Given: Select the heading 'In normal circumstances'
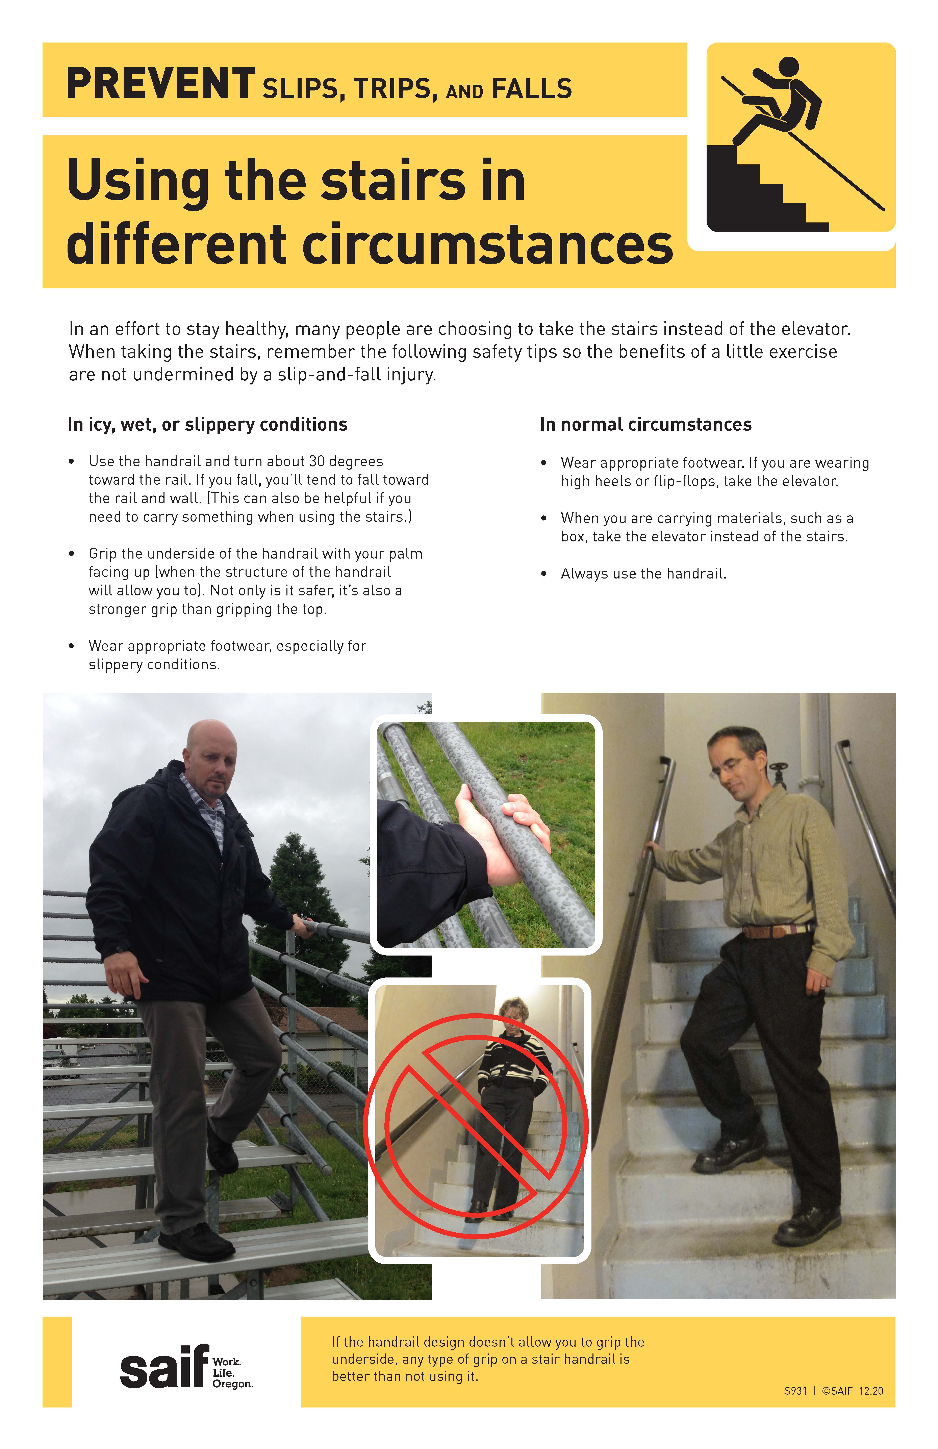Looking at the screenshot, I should tap(646, 424).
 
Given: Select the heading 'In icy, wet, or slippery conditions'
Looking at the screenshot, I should tap(207, 424).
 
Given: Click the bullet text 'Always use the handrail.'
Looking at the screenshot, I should tap(643, 573).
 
